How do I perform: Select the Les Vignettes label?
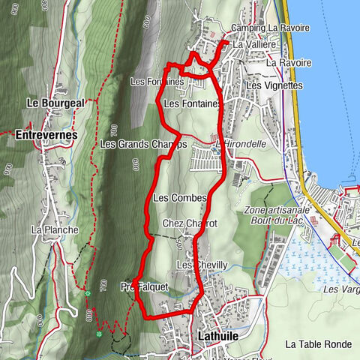273,85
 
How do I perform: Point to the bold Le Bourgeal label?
55,102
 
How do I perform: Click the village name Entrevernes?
46,135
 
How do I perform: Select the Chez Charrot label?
190,223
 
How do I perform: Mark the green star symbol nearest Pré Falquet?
88,293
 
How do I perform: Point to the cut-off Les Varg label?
341,289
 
